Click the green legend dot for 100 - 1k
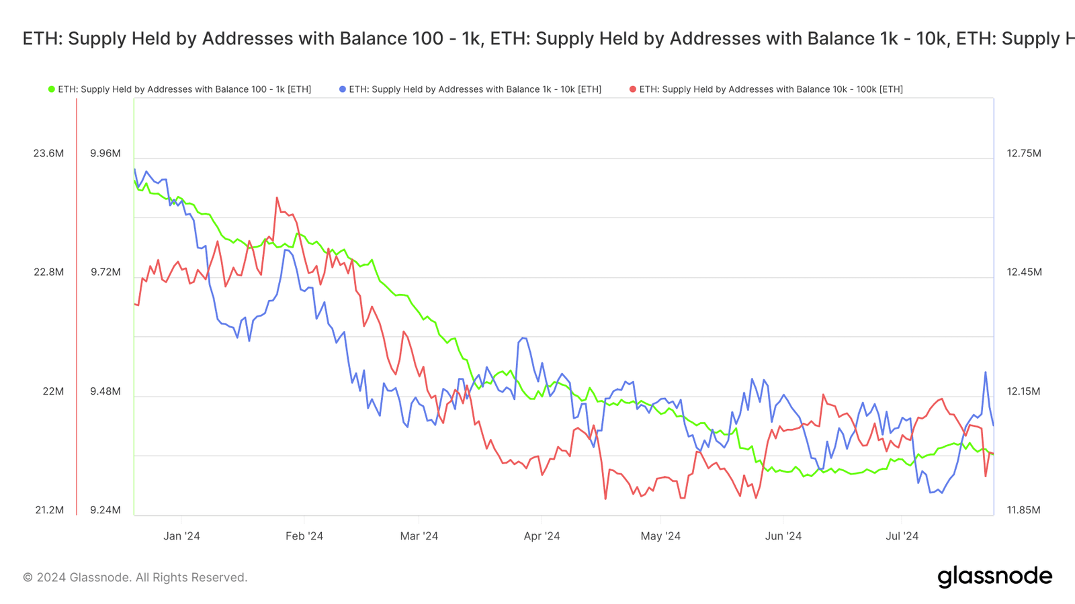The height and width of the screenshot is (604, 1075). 51,89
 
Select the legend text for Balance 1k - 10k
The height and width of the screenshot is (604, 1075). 474,89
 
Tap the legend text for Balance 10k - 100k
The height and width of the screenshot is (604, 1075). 771,89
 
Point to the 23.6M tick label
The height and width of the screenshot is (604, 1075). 48,154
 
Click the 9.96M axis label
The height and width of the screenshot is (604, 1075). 105,154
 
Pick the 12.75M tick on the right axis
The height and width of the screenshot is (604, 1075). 1023,154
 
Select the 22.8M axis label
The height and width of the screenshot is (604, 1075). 48,272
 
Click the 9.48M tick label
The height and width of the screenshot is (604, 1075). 105,391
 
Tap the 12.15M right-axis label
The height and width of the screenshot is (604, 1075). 1023,391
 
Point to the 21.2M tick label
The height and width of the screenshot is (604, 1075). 49,510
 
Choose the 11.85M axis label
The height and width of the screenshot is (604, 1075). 1023,510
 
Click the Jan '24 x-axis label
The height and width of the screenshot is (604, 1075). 181,536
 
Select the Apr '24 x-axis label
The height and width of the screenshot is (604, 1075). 542,536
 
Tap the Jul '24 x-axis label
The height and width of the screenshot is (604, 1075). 902,536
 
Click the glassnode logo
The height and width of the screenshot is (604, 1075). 994,576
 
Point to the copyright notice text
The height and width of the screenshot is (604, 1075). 135,577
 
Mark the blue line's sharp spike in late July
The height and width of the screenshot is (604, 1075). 986,372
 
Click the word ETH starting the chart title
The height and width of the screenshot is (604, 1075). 42,38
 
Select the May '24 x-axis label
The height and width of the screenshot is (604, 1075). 660,536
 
